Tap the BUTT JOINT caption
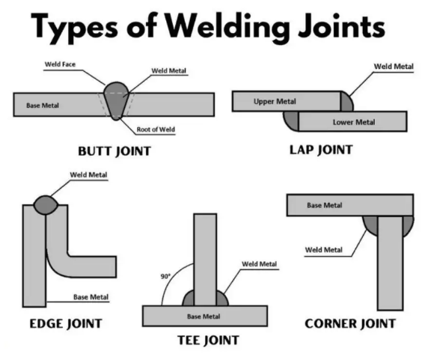pyautogui.click(x=114, y=151)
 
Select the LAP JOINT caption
pyautogui.click(x=320, y=150)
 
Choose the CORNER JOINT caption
pyautogui.click(x=350, y=324)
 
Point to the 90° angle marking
pyautogui.click(x=165, y=276)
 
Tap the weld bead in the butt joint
pyautogui.click(x=116, y=100)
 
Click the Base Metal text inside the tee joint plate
pyautogui.click(x=204, y=317)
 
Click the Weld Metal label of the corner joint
pyautogui.click(x=324, y=249)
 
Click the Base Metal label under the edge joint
pyautogui.click(x=91, y=297)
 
